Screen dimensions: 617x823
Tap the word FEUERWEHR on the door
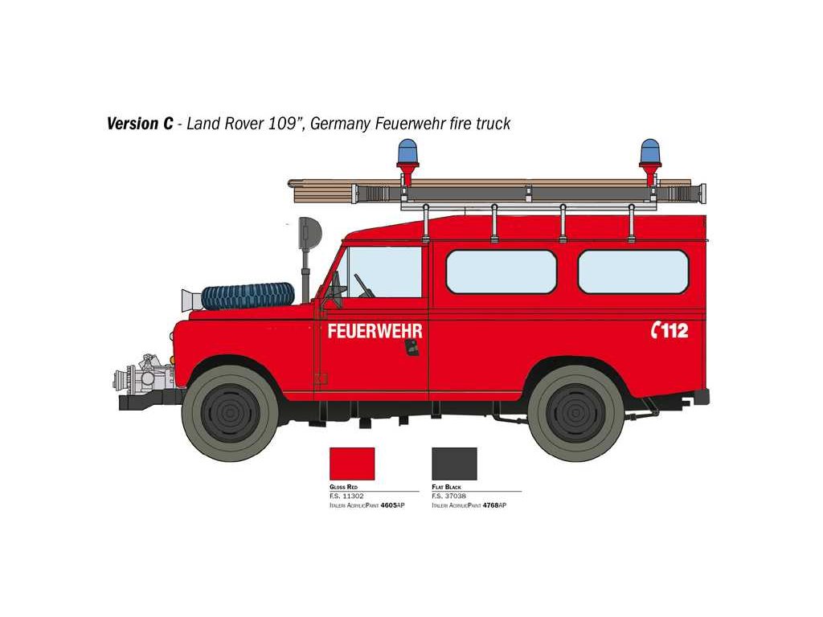point(375,331)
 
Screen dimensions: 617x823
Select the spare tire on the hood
point(247,295)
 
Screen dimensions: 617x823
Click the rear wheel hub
point(575,411)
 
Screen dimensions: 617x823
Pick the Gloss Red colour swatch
point(352,464)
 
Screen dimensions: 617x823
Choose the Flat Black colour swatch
point(454,464)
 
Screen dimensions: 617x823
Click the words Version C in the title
point(140,124)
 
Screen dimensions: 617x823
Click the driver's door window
point(384,272)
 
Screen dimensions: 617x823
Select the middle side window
point(501,272)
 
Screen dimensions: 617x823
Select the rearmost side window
point(633,272)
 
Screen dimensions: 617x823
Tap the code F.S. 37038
point(448,496)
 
